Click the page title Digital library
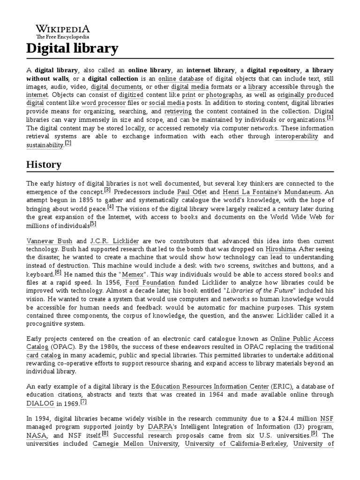(x=72, y=48)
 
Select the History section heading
(x=44, y=165)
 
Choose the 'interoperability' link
(x=296, y=136)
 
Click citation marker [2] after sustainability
(x=68, y=143)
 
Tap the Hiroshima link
(x=280, y=249)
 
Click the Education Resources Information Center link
(x=209, y=387)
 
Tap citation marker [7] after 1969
(x=83, y=402)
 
